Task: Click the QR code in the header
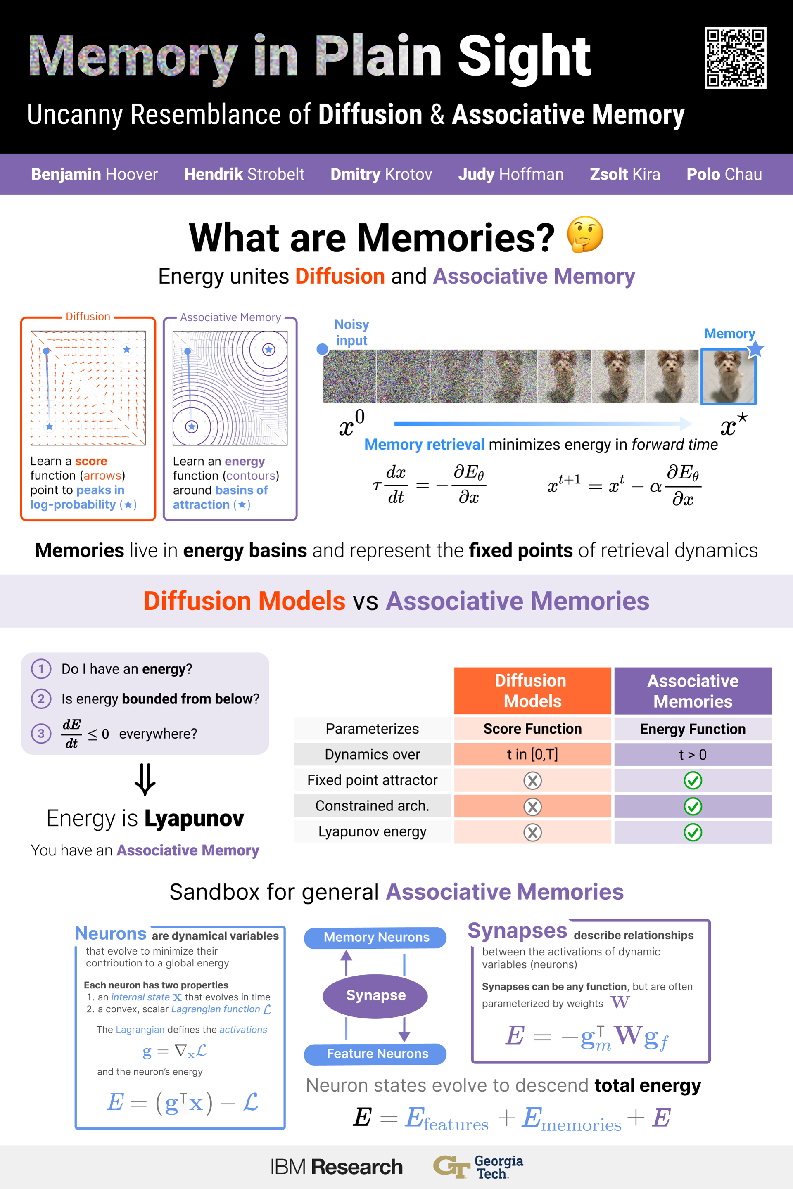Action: pyautogui.click(x=735, y=58)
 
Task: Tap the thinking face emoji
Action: pyautogui.click(x=585, y=234)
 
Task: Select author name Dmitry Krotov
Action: pyautogui.click(x=381, y=174)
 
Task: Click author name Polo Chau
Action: pyautogui.click(x=724, y=174)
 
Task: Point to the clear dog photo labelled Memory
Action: pyautogui.click(x=728, y=377)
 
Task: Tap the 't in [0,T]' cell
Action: pyautogui.click(x=532, y=754)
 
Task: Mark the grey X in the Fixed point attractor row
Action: pyautogui.click(x=532, y=781)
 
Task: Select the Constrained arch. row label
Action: pyautogui.click(x=372, y=806)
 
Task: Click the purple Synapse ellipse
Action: pyautogui.click(x=375, y=995)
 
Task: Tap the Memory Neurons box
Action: pyautogui.click(x=375, y=937)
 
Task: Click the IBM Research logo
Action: pyautogui.click(x=336, y=1167)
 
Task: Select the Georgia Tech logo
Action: pyautogui.click(x=478, y=1167)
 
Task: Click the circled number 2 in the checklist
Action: pyautogui.click(x=41, y=699)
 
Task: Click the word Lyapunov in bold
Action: pyautogui.click(x=194, y=818)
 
